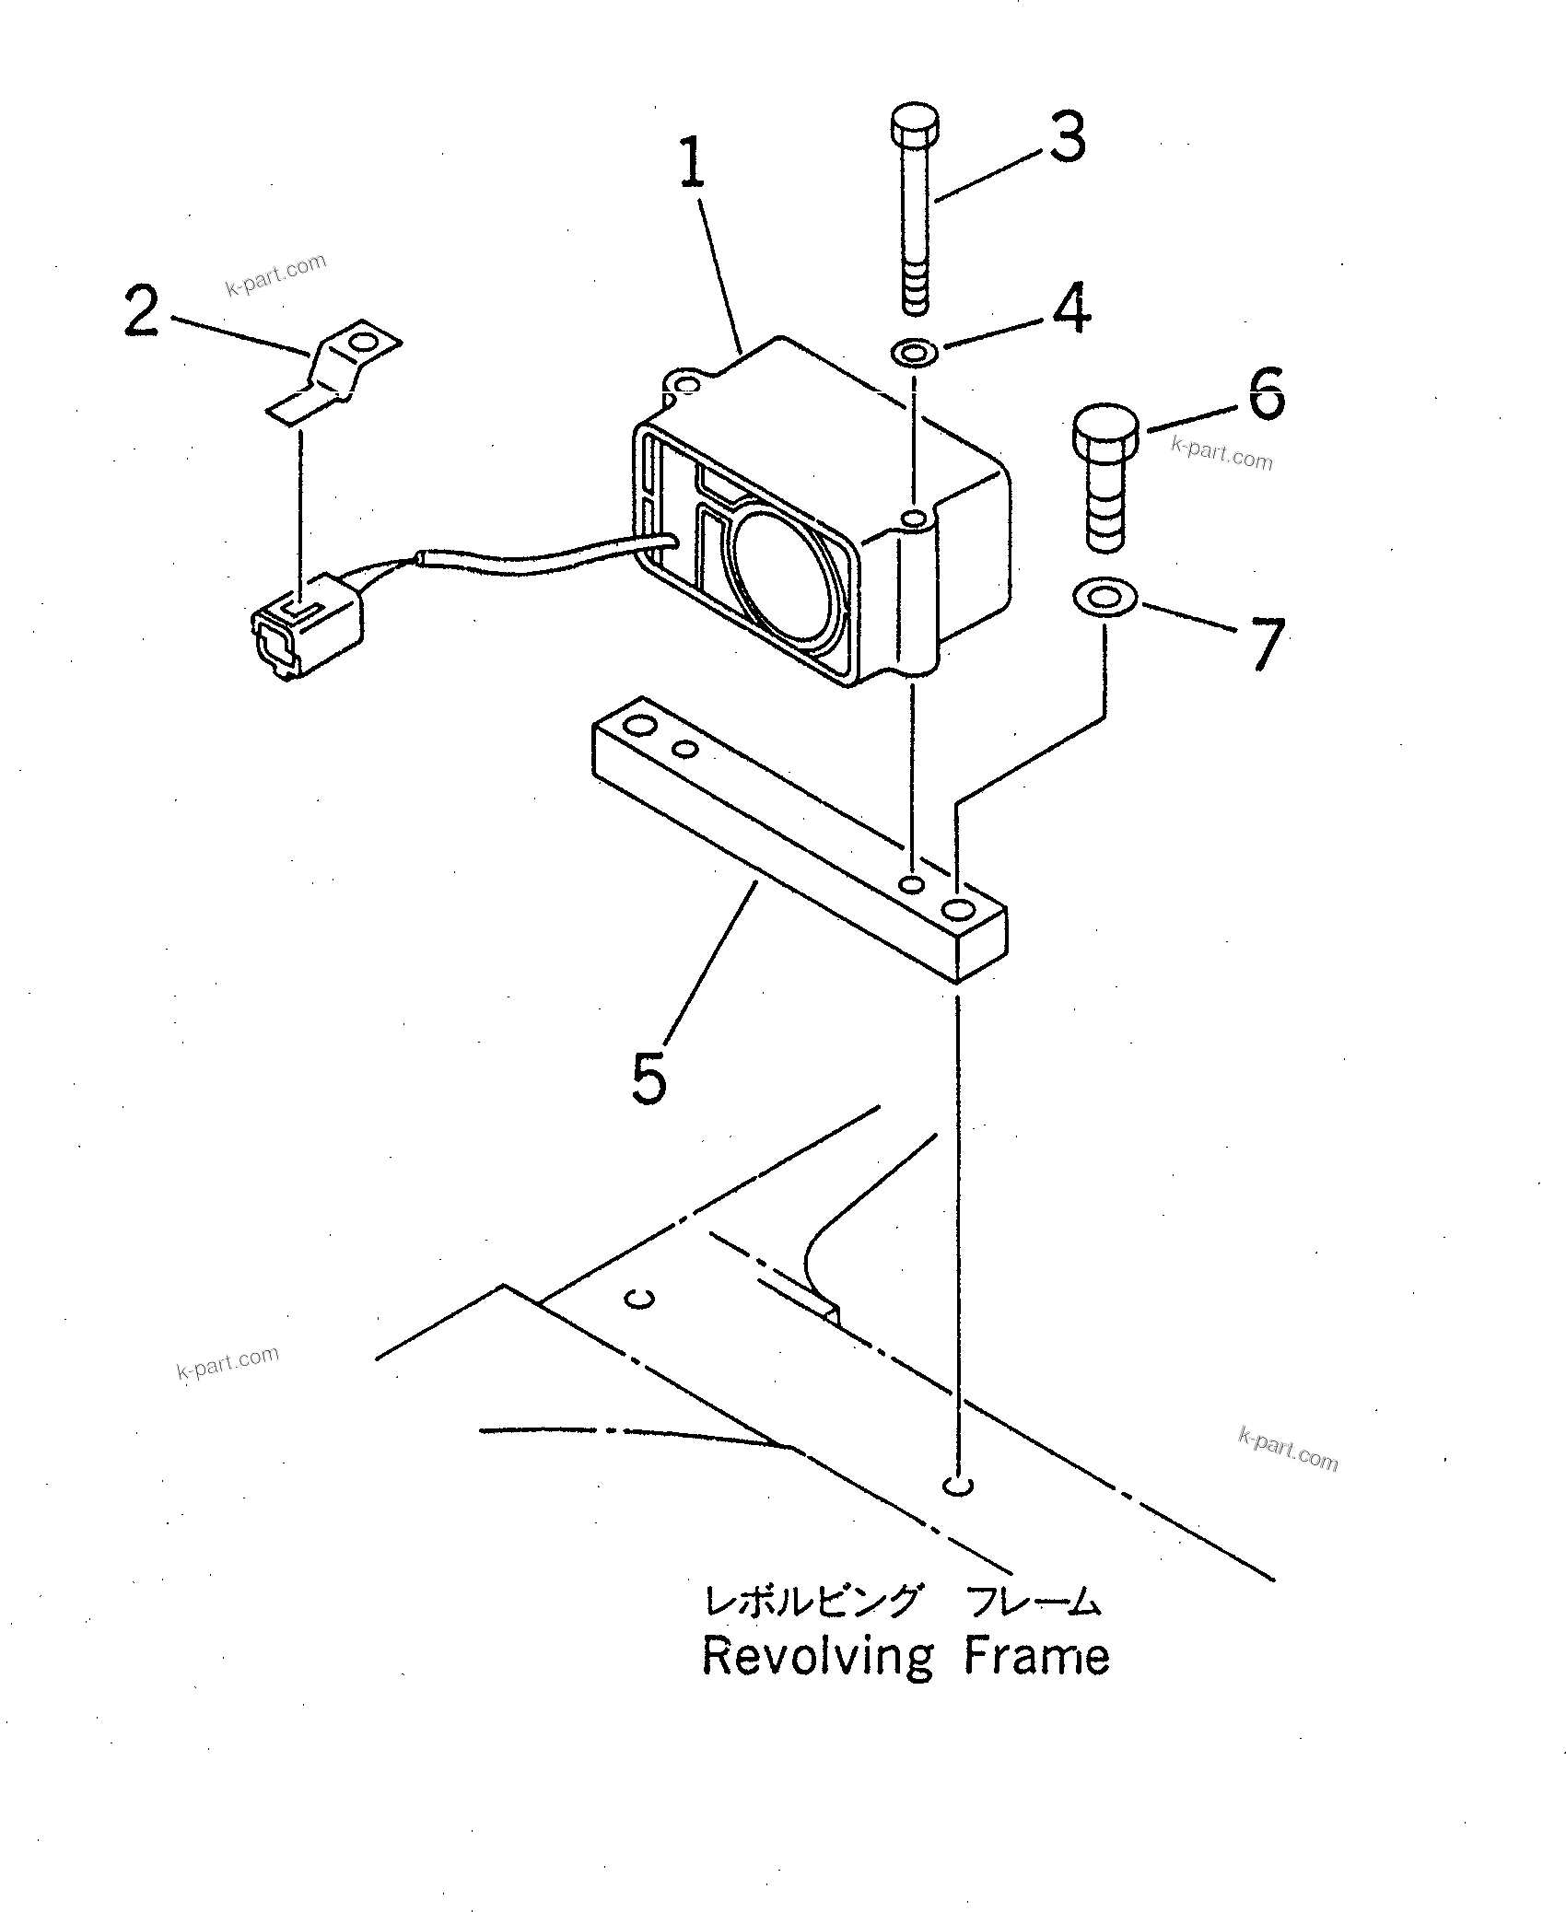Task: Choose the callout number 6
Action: (x=1266, y=393)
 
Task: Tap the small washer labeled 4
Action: (x=914, y=352)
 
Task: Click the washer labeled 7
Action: (x=1104, y=598)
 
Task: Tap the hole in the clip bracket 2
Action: (x=365, y=344)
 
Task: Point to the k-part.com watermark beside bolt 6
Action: (x=1221, y=453)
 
